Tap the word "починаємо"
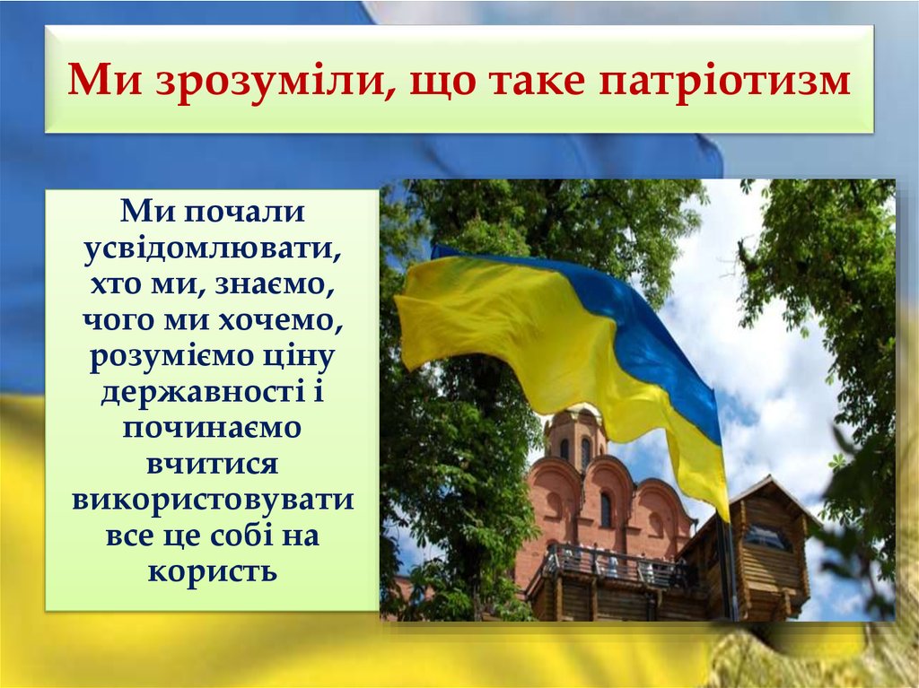click(213, 428)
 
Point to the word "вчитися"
click(213, 464)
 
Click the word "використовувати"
click(213, 500)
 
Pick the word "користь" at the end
click(213, 571)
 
